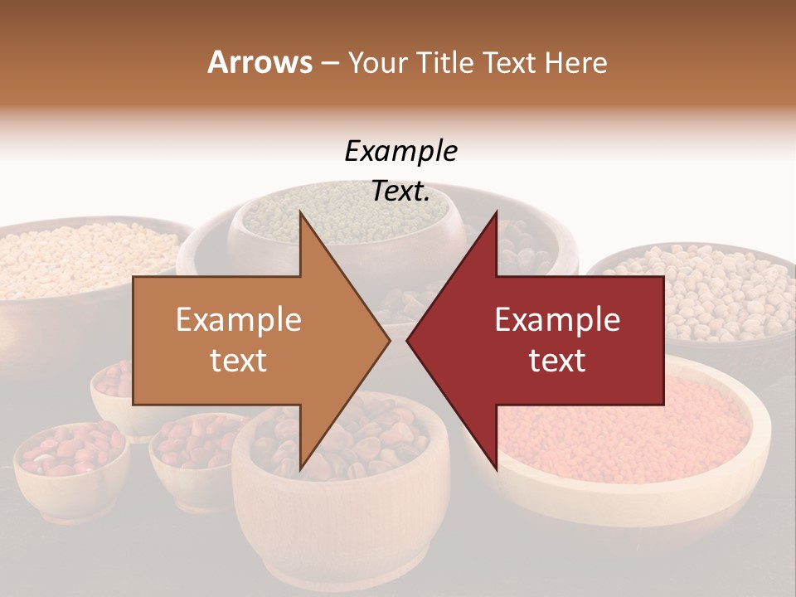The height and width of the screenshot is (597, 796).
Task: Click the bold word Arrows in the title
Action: (260, 62)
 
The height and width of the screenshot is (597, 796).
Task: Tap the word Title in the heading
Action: (444, 62)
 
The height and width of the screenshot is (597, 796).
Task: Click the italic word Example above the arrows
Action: (400, 152)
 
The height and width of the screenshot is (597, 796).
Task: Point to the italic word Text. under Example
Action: (400, 192)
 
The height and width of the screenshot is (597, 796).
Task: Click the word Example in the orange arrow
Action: (238, 320)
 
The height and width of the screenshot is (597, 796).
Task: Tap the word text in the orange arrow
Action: (238, 360)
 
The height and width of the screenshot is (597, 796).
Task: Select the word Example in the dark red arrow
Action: (557, 320)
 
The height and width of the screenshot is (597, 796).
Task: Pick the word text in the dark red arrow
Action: (557, 360)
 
